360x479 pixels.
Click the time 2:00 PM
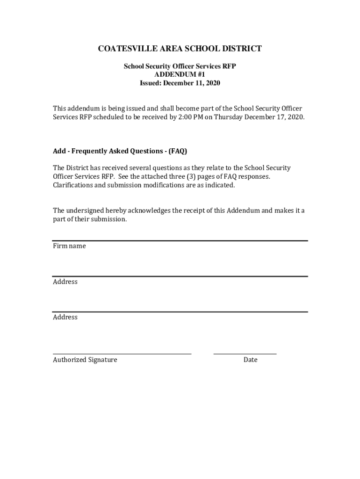(190, 117)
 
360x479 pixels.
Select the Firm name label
(69, 246)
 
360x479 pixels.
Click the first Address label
(65, 282)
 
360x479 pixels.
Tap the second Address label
(65, 317)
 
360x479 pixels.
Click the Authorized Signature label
(85, 360)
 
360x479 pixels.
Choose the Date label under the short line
(250, 360)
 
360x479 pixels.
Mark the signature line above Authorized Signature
(122, 354)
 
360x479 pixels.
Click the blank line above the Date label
(245, 354)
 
